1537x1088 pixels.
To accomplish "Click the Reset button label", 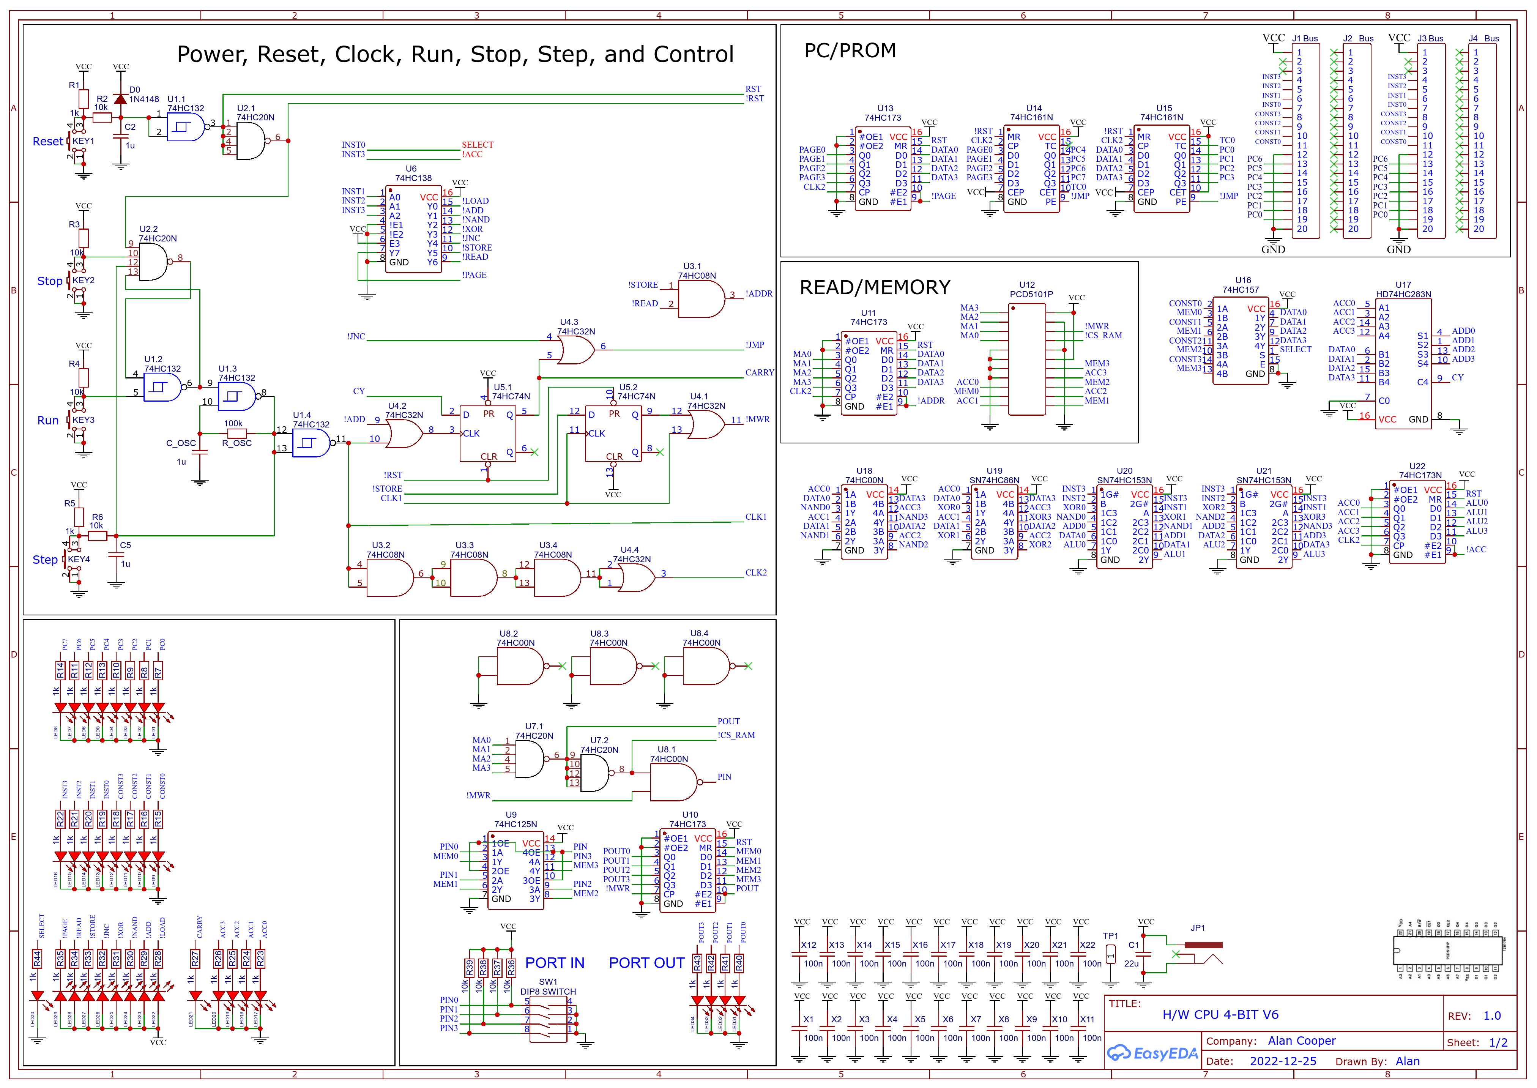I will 47,141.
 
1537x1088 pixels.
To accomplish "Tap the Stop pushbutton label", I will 50,281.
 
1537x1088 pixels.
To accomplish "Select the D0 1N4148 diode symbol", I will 121,99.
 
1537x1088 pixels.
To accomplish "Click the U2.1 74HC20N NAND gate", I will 251,141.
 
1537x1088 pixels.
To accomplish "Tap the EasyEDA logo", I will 1152,1053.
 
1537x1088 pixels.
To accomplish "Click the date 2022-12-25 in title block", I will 1283,1061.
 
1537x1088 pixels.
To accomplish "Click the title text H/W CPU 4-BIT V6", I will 1220,1014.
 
